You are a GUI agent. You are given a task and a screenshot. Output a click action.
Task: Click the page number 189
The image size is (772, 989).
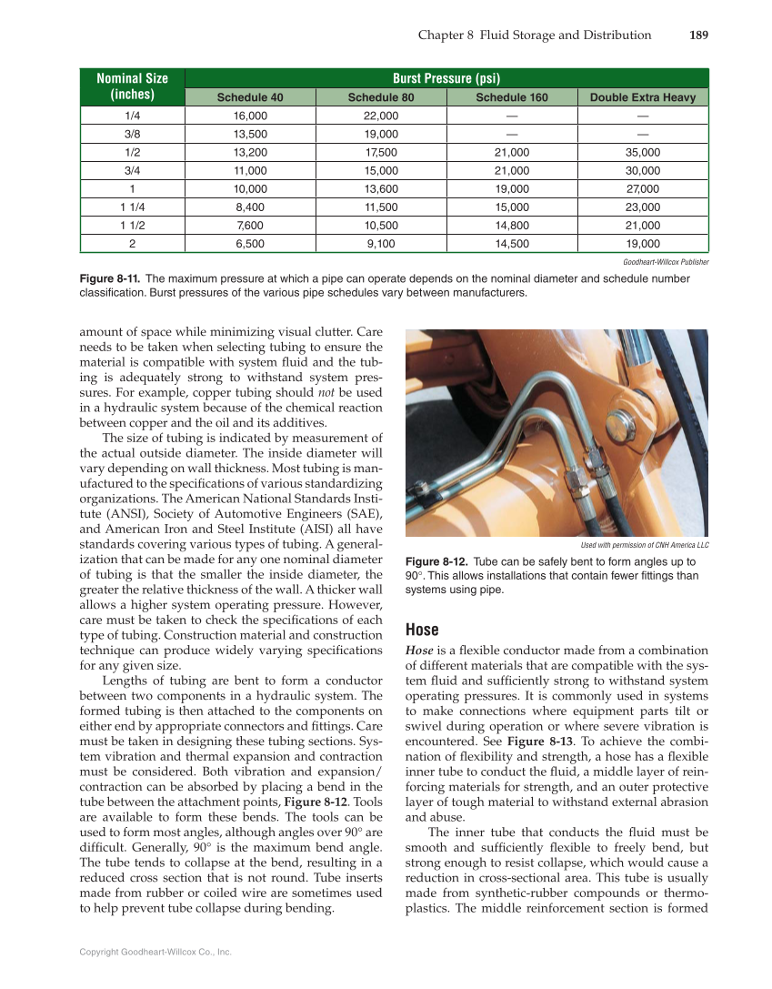coord(697,35)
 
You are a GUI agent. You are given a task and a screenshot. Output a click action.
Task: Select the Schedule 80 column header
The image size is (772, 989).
coord(380,97)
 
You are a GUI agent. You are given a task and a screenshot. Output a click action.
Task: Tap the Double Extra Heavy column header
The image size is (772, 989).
coord(642,97)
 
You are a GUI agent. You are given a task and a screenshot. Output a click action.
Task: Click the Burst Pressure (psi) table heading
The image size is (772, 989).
coord(446,78)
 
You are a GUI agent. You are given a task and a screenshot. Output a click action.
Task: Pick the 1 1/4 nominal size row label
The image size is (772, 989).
coord(132,207)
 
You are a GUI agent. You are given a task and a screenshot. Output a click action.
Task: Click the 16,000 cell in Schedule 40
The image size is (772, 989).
coord(250,116)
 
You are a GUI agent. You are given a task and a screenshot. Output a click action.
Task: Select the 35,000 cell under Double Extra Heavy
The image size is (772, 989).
coord(642,152)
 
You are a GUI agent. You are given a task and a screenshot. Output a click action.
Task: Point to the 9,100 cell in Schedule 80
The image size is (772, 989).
coord(380,243)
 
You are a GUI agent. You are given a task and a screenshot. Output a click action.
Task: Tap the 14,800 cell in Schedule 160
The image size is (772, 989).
coord(512,225)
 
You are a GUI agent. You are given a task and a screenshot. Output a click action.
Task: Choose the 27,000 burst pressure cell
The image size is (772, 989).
coord(642,188)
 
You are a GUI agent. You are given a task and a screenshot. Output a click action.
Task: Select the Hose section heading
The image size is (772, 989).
coord(422,630)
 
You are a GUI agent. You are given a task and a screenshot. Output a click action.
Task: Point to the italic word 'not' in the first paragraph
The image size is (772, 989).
coord(326,392)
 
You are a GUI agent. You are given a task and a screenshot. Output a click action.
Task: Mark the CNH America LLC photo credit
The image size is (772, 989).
coord(645,545)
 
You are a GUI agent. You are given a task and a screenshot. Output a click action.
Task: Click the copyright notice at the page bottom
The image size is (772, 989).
coord(155,952)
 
